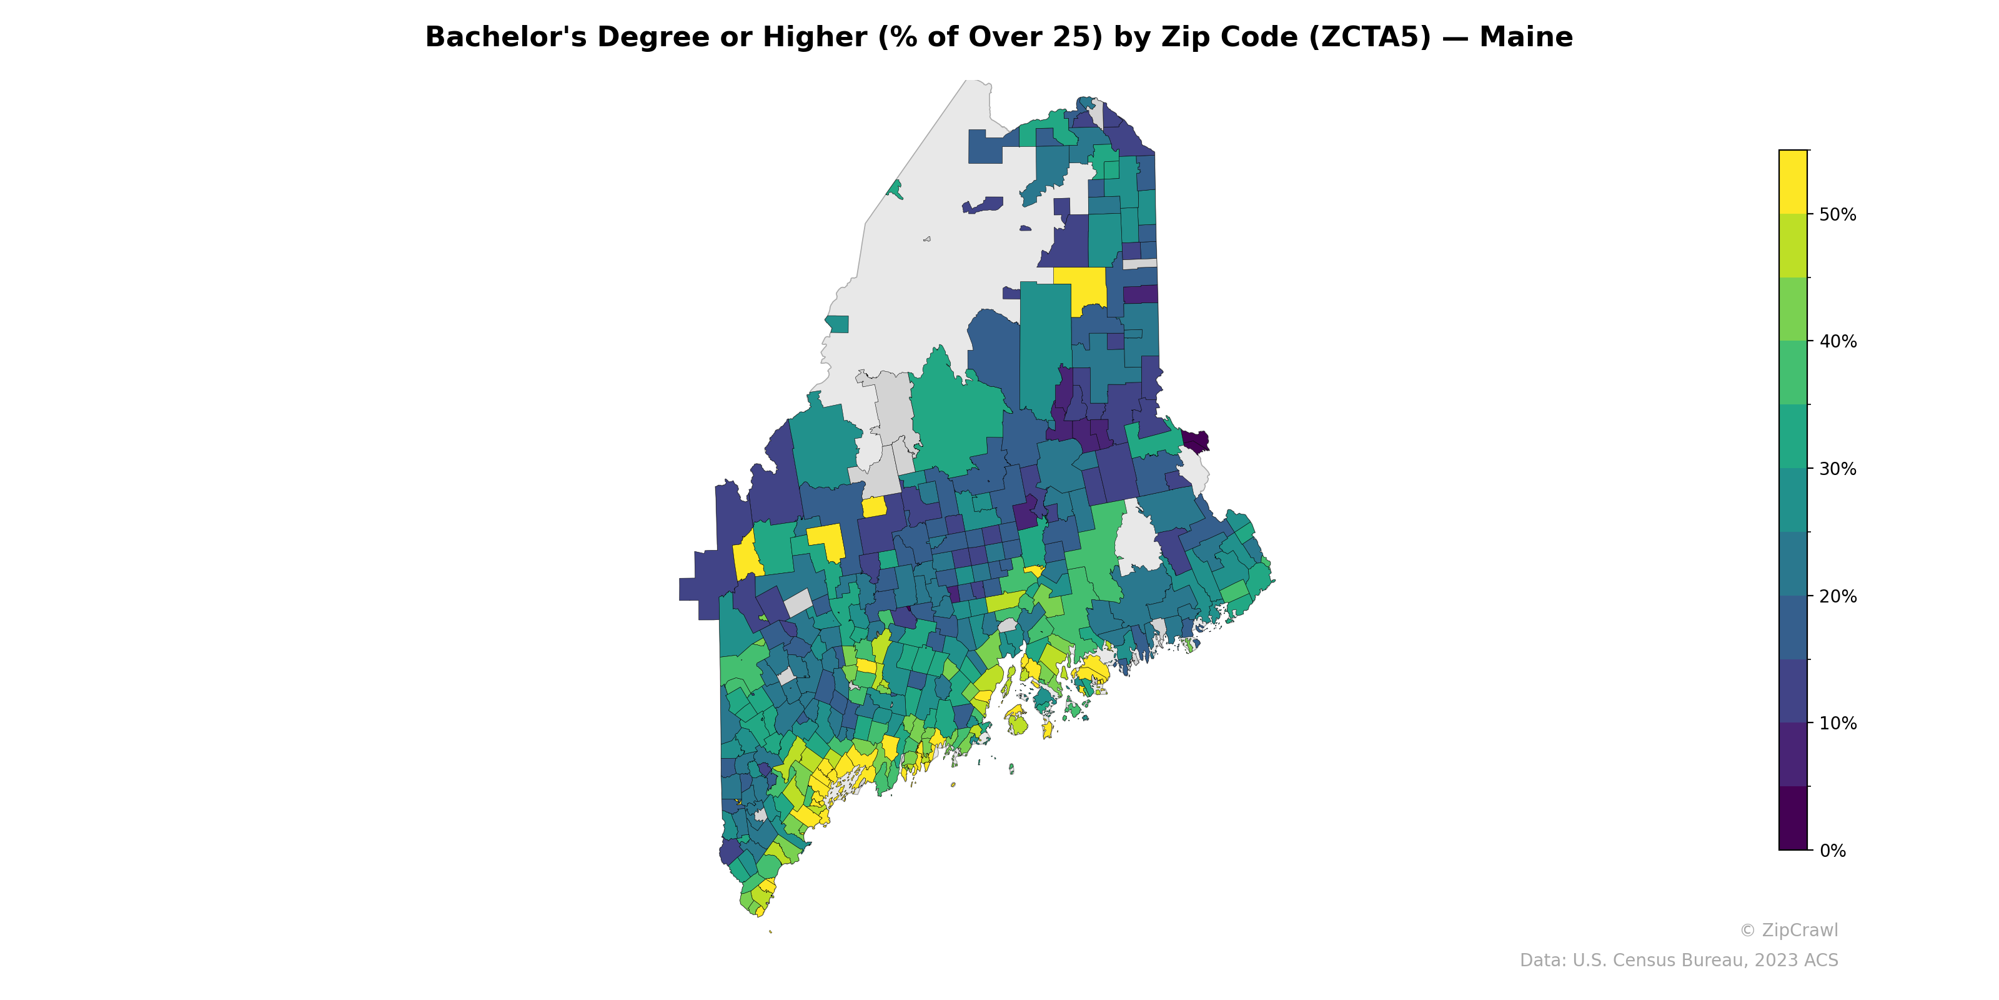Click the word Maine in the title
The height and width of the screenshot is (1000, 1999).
pos(1525,37)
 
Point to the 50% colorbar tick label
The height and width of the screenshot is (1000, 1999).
pos(1838,214)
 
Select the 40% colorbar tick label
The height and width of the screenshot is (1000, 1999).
pos(1838,342)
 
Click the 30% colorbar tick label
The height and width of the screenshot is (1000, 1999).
pos(1838,469)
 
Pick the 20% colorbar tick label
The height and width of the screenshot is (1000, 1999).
pos(1838,596)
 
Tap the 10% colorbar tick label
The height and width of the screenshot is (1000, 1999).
pos(1838,724)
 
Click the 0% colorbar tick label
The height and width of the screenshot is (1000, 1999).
pos(1833,851)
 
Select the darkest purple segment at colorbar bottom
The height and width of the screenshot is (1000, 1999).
pos(1793,818)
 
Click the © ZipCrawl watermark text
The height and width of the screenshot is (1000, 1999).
pos(1788,930)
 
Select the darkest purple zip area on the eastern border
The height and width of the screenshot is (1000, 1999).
pos(1195,441)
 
